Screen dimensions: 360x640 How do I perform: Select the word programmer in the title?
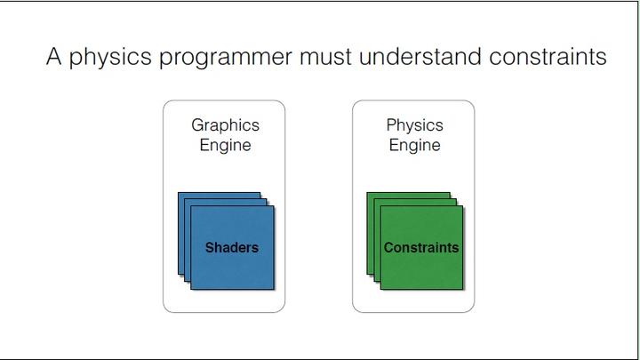(x=227, y=60)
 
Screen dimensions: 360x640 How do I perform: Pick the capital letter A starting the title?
(x=55, y=58)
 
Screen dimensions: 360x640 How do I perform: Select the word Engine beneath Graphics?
(x=224, y=145)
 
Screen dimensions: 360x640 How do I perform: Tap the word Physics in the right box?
(x=414, y=125)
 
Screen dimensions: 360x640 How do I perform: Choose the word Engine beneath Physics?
(x=414, y=145)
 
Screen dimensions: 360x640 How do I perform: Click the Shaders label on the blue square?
(x=232, y=247)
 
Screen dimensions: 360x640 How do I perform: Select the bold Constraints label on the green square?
(x=421, y=247)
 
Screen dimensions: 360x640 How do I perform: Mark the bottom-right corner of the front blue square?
(x=274, y=289)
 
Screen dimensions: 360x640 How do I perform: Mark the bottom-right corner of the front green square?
(x=463, y=289)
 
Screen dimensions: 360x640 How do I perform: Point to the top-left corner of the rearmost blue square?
(x=178, y=192)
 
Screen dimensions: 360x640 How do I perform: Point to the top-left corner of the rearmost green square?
(x=367, y=192)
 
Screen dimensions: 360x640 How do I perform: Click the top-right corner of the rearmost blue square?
(x=260, y=192)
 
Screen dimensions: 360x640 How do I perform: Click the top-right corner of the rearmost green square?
(x=450, y=192)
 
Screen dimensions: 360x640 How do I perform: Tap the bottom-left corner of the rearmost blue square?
(x=178, y=275)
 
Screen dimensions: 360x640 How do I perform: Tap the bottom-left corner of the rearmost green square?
(x=367, y=275)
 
